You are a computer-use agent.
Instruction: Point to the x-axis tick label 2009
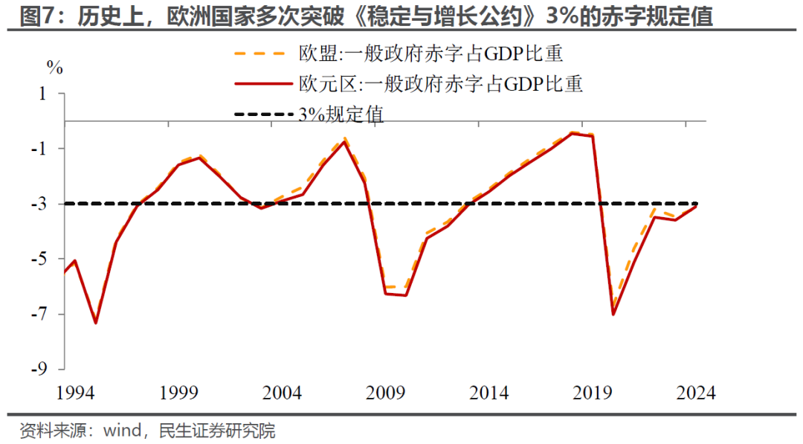pos(385,392)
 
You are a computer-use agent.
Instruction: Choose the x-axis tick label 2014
pos(488,392)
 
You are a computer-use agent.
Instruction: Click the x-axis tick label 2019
pos(593,392)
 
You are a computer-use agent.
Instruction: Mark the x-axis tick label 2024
pos(695,392)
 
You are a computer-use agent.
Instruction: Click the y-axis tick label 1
pos(43,94)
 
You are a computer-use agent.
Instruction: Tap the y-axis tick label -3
pos(38,204)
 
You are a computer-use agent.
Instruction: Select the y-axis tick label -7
pos(38,314)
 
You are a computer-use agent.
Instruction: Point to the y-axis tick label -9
pos(38,369)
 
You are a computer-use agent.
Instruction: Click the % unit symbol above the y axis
pos(55,66)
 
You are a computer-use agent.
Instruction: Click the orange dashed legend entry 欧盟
pos(398,54)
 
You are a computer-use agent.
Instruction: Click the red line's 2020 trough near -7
pos(613,315)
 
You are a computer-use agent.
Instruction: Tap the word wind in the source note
pos(122,430)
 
